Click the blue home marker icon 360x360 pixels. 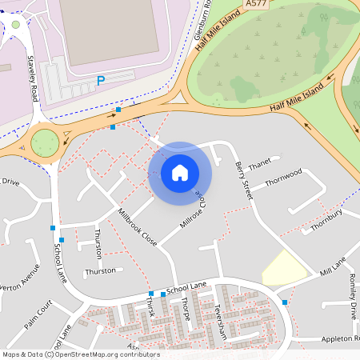180,172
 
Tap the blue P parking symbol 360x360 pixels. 100,80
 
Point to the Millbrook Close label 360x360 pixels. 137,226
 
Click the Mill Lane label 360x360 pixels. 333,266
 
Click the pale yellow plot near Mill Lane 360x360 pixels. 283,269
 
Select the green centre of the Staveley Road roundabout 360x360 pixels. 45,142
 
